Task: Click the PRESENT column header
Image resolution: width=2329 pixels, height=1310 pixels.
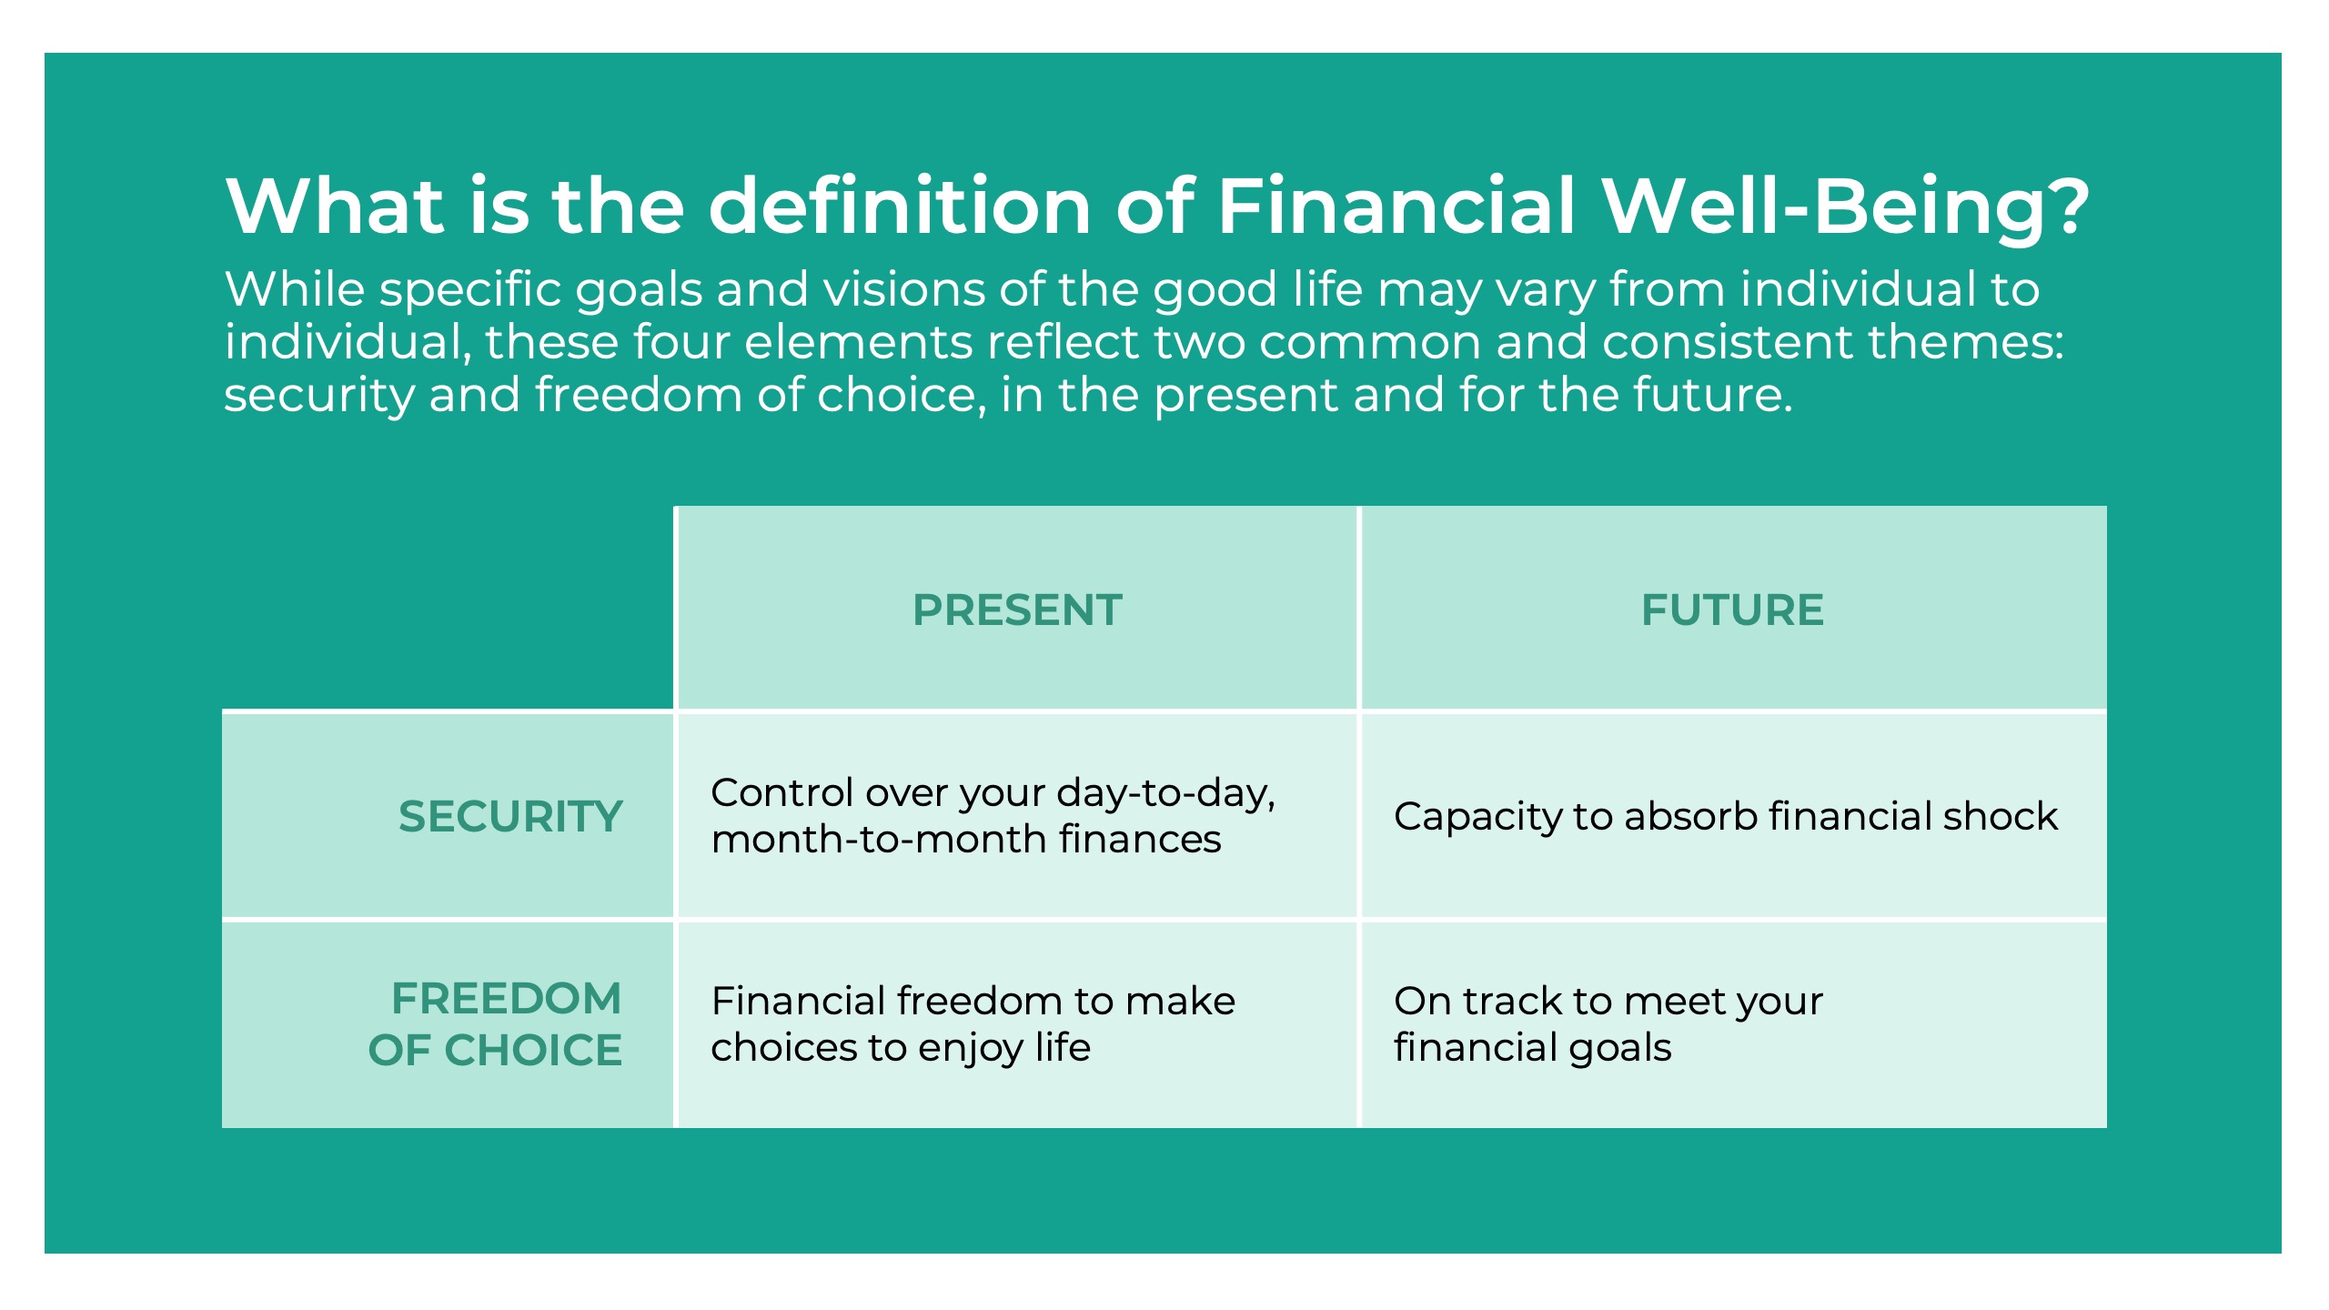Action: pos(1017,610)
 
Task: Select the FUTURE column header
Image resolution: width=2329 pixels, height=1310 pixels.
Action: pos(1732,610)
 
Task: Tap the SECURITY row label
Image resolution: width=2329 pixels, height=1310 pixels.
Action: pos(510,816)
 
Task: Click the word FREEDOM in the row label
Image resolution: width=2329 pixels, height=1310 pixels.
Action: pos(507,998)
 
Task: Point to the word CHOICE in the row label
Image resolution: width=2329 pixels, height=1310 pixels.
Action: pos(533,1050)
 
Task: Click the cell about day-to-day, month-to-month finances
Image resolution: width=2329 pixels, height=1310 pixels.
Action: pos(993,816)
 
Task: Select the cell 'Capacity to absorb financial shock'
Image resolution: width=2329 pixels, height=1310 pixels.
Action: pos(1726,816)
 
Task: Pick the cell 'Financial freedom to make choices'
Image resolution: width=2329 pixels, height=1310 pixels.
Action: pos(973,1024)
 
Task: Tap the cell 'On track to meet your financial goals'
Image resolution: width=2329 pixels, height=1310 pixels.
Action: pos(1608,1024)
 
